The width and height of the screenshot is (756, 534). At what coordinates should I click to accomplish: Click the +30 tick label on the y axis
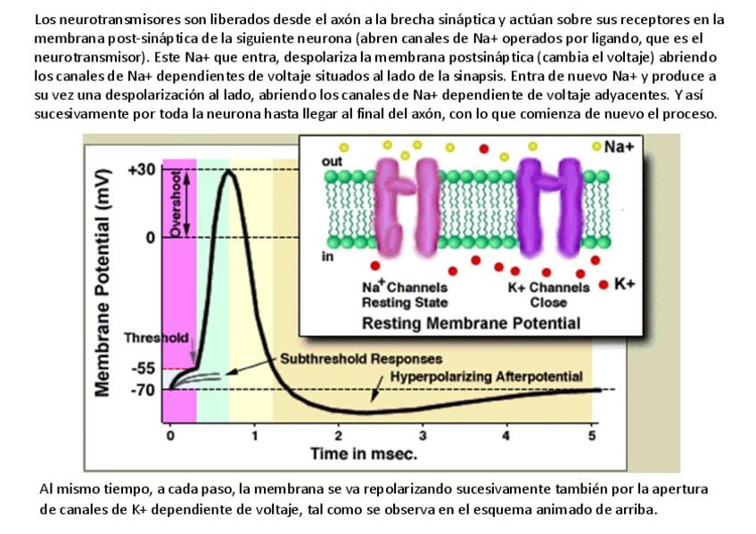(142, 170)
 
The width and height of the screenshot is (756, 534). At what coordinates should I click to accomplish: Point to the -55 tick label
(143, 367)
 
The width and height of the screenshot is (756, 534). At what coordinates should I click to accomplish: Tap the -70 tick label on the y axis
(143, 390)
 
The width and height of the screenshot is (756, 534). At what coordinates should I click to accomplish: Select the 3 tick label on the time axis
(423, 435)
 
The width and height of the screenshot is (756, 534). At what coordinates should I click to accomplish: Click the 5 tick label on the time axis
(592, 435)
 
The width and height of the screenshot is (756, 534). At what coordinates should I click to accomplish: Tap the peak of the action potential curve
(229, 169)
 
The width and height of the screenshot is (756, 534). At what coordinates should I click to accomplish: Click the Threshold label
(156, 339)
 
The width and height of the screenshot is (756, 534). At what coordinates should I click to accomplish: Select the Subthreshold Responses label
(361, 359)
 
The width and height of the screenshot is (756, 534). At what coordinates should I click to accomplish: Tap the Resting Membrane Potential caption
(471, 323)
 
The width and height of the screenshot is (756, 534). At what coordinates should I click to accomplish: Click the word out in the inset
(331, 161)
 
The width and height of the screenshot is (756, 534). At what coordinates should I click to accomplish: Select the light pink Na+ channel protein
(406, 206)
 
